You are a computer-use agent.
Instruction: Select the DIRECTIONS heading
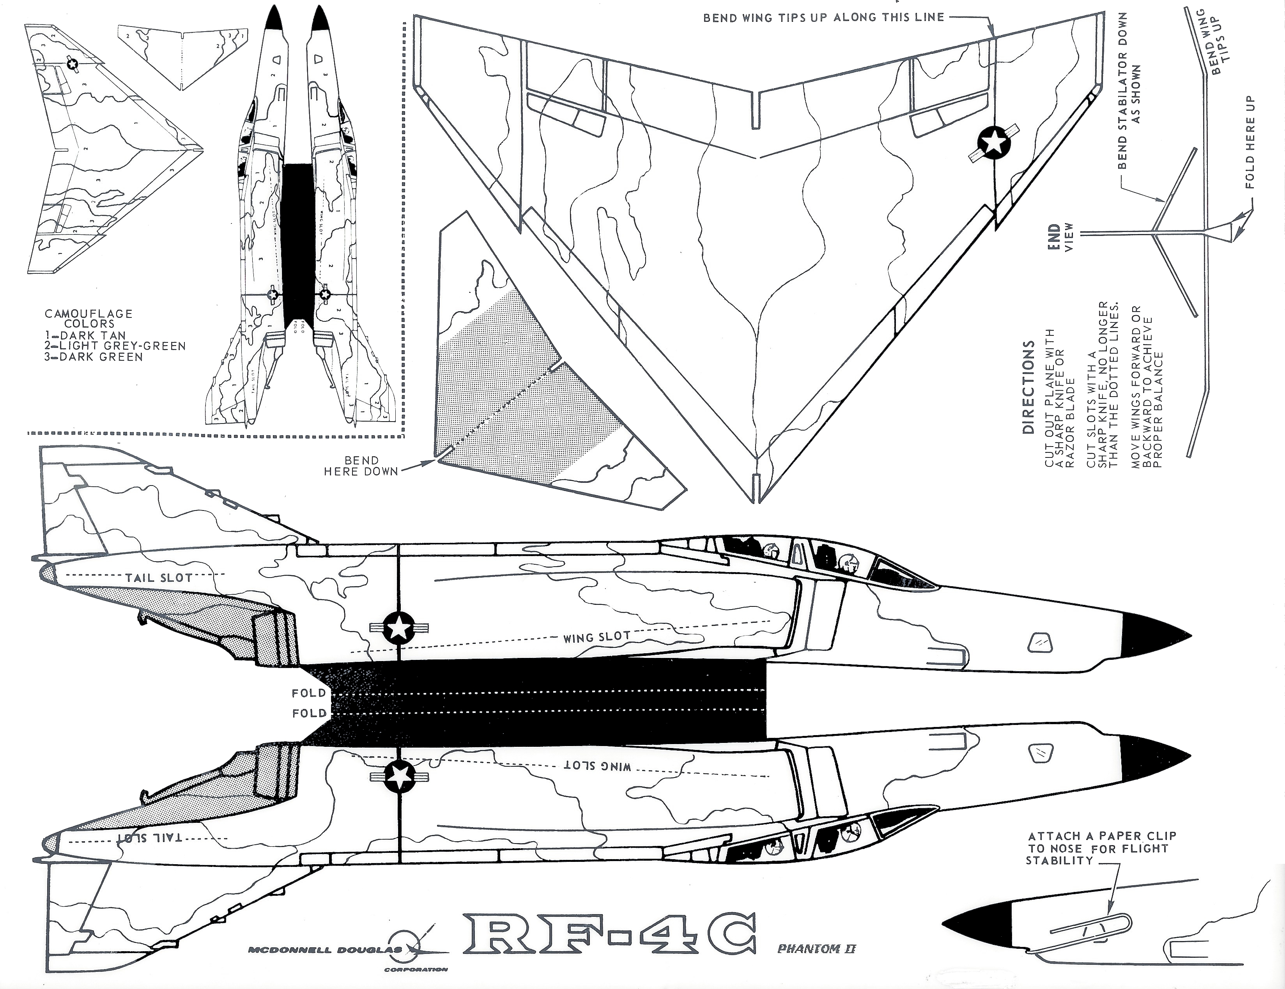tap(1028, 387)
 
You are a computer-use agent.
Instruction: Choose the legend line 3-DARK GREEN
tap(94, 357)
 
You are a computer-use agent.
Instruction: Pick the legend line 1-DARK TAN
tap(85, 335)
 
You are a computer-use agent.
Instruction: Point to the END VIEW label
tap(1062, 237)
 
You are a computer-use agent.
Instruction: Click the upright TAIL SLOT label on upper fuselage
tap(159, 578)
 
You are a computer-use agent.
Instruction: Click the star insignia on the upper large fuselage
tap(399, 628)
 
